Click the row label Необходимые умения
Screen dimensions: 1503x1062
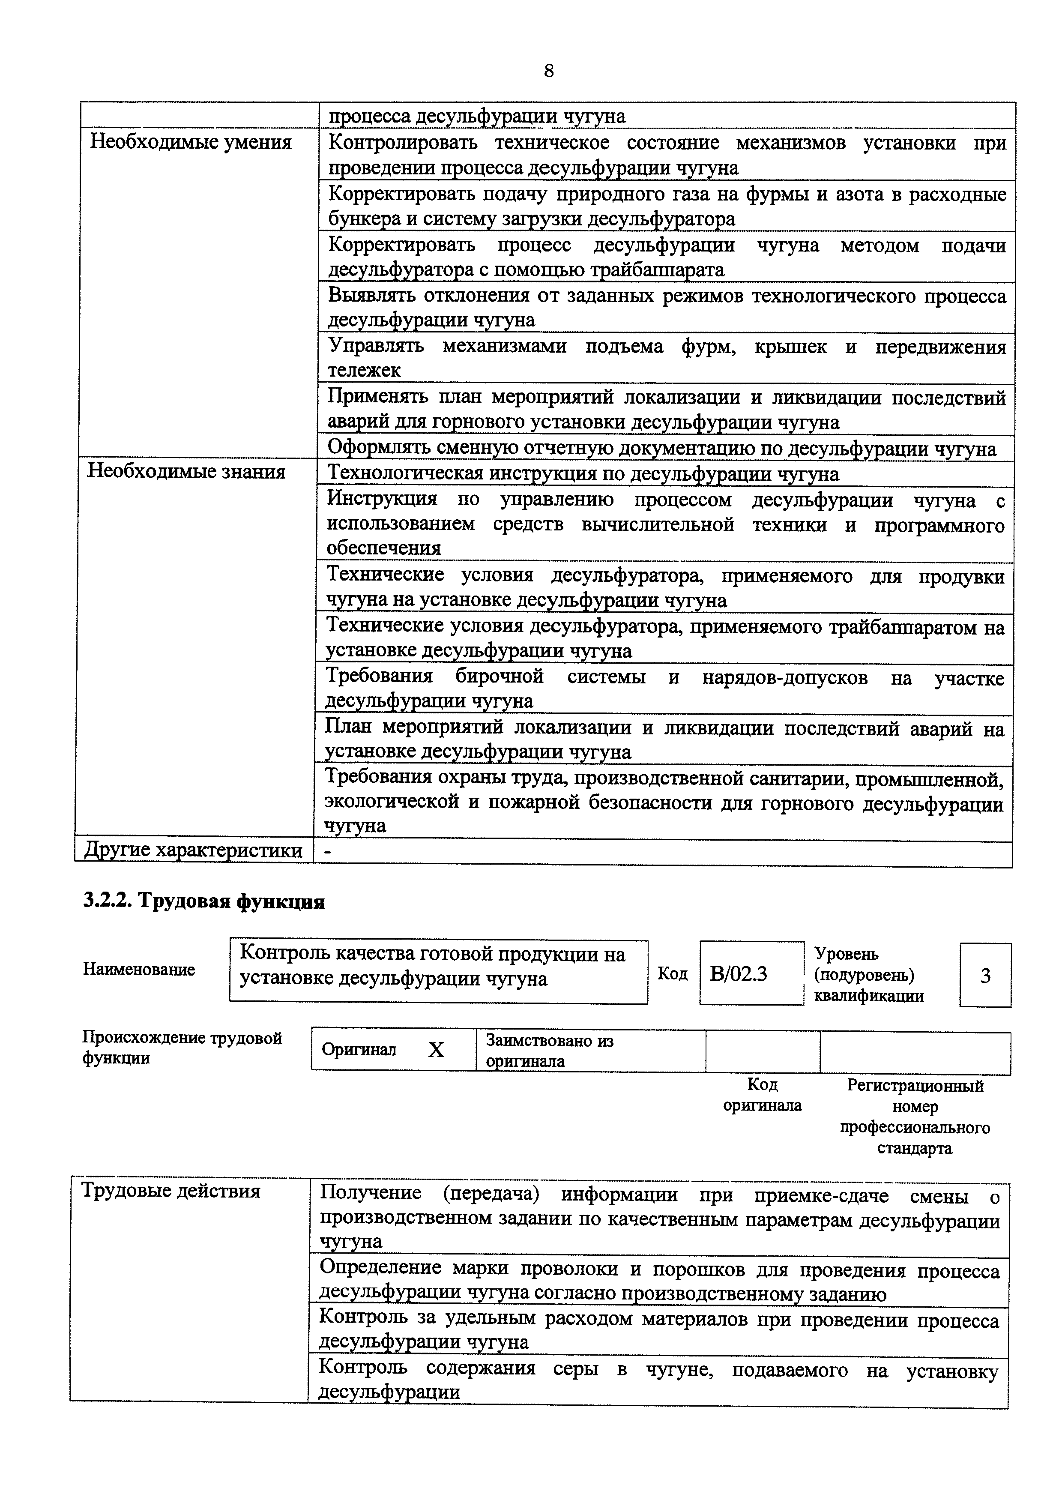190,142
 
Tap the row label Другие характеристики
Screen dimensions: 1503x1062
193,850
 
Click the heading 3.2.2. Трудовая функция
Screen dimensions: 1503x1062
203,901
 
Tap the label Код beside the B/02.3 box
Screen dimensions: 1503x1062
673,974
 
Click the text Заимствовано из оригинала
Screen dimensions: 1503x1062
550,1050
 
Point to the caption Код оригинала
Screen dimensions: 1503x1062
762,1095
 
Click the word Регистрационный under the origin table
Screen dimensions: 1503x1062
915,1086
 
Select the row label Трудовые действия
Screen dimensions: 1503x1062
170,1191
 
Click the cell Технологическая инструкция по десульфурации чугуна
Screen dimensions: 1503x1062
582,474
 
